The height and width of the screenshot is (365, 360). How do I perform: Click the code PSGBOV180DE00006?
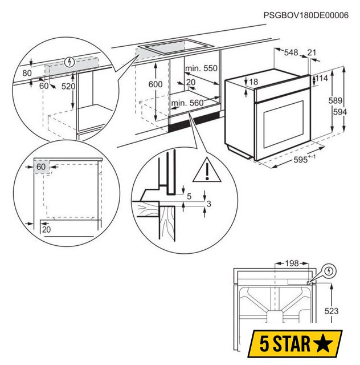tap(306, 15)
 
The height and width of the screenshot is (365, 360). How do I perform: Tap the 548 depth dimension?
tap(291, 52)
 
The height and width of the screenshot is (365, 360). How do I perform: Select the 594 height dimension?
tap(339, 112)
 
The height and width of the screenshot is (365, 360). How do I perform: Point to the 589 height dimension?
tap(335, 100)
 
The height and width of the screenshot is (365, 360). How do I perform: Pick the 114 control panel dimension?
tap(321, 78)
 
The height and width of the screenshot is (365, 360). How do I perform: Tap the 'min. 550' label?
tap(201, 68)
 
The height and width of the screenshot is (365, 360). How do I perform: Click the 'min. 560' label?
tap(187, 103)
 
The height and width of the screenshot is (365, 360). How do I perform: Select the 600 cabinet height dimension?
tap(156, 84)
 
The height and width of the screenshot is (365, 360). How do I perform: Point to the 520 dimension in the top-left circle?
tap(68, 86)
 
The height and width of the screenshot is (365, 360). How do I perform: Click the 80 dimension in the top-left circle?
tap(27, 73)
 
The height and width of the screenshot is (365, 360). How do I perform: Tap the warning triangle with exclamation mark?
tap(207, 170)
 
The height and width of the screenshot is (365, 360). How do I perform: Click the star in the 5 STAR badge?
tap(323, 343)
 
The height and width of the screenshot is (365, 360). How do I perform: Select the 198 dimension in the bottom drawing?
tap(292, 263)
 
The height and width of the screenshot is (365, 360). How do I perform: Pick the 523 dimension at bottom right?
tap(332, 311)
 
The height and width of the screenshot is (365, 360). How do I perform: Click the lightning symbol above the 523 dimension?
tap(329, 271)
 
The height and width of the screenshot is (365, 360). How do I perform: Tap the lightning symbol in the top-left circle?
tap(69, 62)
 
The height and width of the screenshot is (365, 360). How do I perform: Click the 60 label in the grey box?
tap(41, 167)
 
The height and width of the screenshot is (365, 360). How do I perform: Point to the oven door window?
tap(284, 124)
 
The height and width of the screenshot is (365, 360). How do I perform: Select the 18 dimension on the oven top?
tap(253, 82)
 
